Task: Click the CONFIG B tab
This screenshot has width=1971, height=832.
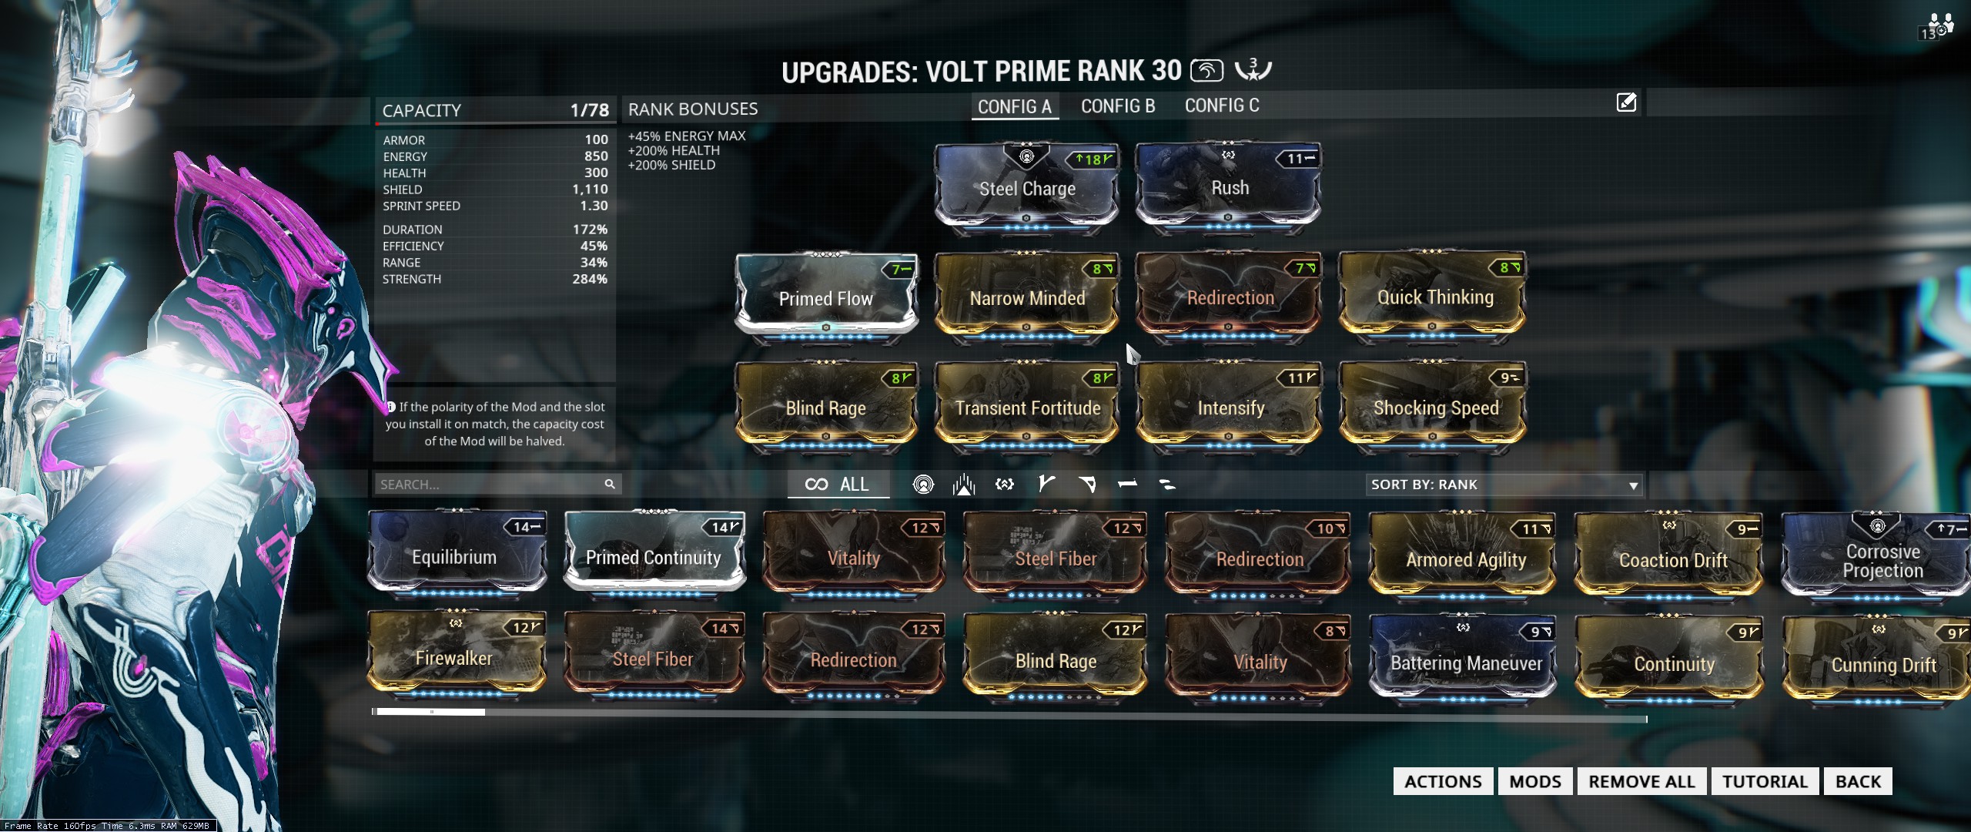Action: coord(1118,106)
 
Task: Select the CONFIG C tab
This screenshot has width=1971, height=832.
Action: coord(1222,106)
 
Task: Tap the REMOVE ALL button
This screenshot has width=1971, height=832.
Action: coord(1641,781)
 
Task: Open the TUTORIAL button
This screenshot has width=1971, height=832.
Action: coord(1765,781)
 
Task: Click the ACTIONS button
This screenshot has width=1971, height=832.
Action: coord(1443,781)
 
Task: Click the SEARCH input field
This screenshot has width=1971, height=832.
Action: coord(490,485)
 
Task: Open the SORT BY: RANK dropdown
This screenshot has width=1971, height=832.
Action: coord(1504,485)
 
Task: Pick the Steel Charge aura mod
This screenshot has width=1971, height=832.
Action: coord(1027,188)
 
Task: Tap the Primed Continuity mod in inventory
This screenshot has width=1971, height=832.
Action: coord(654,557)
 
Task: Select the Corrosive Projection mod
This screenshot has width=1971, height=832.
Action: coord(1882,561)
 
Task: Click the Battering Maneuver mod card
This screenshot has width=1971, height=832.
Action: coord(1466,663)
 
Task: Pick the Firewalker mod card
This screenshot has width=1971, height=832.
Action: coord(454,658)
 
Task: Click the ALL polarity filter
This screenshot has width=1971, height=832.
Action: coord(838,485)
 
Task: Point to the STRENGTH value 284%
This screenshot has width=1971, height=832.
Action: coord(589,279)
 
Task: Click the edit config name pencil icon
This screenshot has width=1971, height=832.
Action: coord(1626,102)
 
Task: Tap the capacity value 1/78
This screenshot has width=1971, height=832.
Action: coord(589,110)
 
